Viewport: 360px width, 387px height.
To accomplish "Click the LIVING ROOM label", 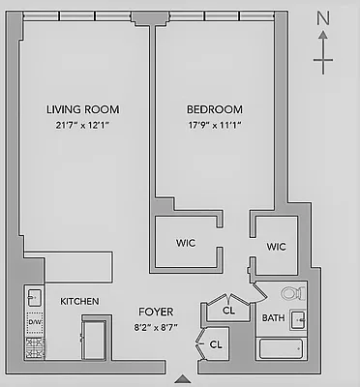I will (82, 109).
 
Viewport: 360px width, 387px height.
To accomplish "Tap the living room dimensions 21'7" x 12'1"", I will (82, 124).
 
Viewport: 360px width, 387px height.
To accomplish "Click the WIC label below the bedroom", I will (187, 242).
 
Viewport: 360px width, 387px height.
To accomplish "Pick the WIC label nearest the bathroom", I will (277, 247).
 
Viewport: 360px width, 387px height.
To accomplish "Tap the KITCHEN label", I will (79, 302).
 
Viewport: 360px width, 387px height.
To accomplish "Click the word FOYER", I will (156, 312).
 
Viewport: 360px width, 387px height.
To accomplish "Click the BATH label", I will (273, 317).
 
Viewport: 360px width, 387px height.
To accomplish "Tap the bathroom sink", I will (299, 319).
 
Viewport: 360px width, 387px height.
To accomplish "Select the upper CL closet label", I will (229, 312).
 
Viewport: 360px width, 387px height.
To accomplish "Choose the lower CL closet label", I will (216, 343).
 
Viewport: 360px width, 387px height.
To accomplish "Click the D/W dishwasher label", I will (35, 322).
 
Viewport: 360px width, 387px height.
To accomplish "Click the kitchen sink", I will (34, 297).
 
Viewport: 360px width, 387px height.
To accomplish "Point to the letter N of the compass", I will (324, 18).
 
